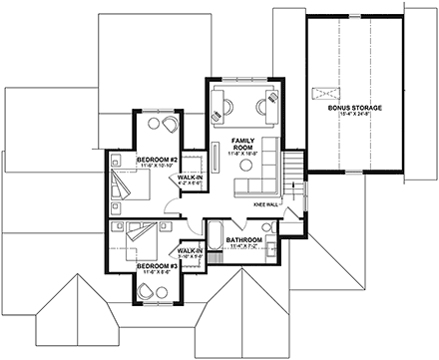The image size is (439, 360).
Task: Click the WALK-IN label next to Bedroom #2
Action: coord(190,178)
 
